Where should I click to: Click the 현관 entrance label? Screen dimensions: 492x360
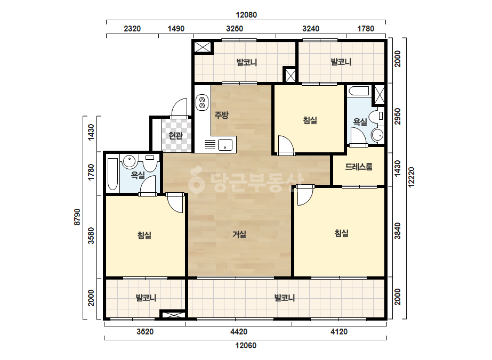point(175,136)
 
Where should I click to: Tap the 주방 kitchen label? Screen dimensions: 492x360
point(221,115)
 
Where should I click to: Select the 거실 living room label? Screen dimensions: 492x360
point(239,234)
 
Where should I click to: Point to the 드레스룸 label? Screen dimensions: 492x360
point(359,167)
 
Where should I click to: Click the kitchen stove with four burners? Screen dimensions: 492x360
point(202,102)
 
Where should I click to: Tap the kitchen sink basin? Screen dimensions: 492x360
point(225,145)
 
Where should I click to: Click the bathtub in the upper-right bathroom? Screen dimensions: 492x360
point(359,91)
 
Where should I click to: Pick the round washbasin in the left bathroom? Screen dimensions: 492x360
point(129,161)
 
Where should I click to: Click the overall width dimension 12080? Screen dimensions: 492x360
point(246,15)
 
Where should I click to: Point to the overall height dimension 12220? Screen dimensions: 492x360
point(412,177)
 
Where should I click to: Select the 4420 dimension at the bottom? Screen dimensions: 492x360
point(239,331)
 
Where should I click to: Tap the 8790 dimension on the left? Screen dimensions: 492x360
point(77,217)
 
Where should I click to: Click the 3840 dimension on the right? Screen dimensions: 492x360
point(398,231)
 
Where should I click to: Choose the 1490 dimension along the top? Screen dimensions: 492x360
point(176,29)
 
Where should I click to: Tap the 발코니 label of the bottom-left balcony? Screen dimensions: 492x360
point(146,298)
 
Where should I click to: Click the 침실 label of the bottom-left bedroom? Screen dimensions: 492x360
point(144,235)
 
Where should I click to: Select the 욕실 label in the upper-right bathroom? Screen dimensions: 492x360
point(360,121)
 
